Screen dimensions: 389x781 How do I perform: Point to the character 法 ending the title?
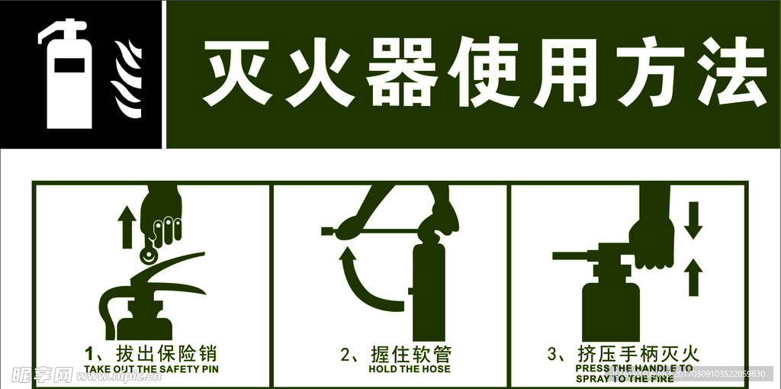click(730, 75)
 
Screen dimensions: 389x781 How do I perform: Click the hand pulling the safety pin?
click(164, 210)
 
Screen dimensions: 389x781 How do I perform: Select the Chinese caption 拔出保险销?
click(166, 353)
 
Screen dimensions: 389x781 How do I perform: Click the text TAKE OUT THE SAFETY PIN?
click(151, 369)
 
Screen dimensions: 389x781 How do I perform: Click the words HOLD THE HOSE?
click(410, 369)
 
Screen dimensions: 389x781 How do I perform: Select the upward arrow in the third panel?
click(693, 276)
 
